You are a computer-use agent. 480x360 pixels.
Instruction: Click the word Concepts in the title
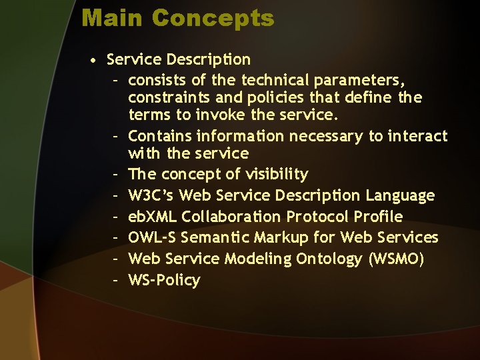213,18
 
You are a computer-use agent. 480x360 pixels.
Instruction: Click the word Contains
159,136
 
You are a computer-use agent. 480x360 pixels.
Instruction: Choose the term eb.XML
153,217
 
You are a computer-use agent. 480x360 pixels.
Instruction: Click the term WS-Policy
164,280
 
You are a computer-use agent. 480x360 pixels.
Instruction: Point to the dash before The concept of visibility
115,175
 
